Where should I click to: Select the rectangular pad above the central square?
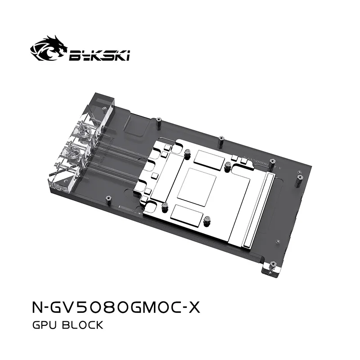pyautogui.click(x=210, y=159)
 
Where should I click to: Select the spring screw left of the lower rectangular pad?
pyautogui.click(x=166, y=208)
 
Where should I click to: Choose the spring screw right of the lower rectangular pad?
pyautogui.click(x=207, y=221)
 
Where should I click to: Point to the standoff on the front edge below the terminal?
pyautogui.click(x=108, y=198)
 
